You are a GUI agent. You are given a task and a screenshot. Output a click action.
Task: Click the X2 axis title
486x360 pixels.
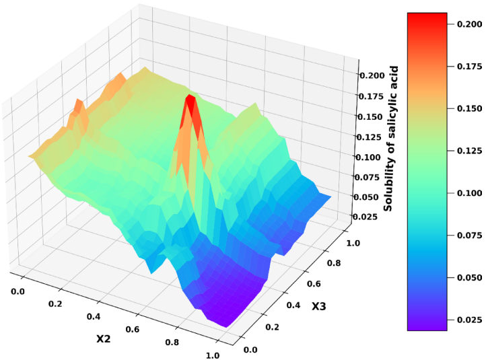[103, 338]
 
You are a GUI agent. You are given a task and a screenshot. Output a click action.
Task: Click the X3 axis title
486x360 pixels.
[318, 307]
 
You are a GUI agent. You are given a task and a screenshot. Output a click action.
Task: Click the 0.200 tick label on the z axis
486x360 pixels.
[371, 75]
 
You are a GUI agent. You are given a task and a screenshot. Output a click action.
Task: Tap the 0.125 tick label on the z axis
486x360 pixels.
[369, 137]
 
